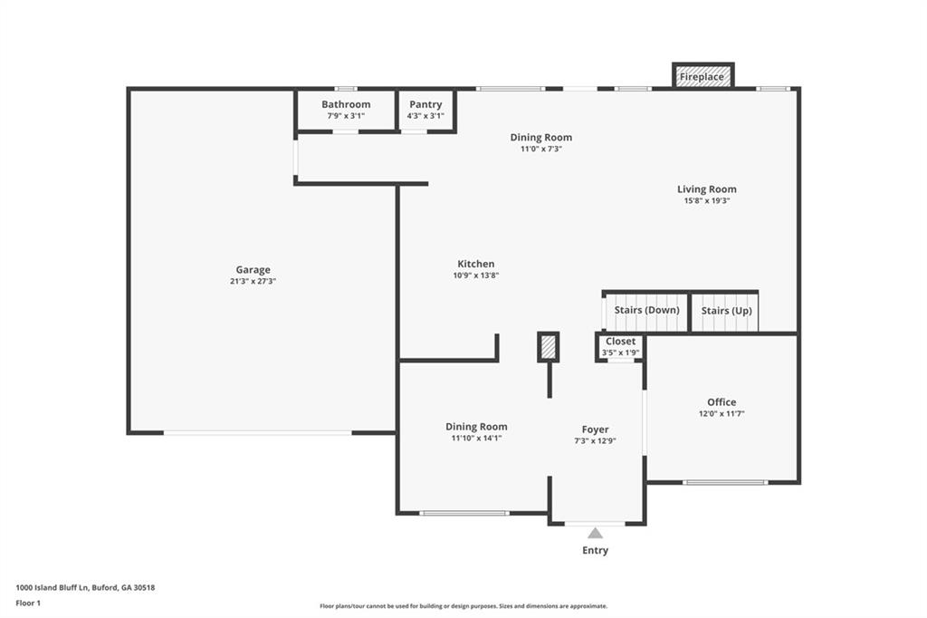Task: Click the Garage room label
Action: coord(253,270)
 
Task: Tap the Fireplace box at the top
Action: coord(702,77)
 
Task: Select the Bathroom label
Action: coord(346,105)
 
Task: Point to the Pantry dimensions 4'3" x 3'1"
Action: coord(425,116)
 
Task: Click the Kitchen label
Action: coord(475,264)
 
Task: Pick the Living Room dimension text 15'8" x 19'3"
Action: coord(706,201)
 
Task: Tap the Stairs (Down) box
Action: coord(646,311)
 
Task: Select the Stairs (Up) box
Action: coord(726,311)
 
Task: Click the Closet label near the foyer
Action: coord(620,342)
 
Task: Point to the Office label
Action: coord(722,402)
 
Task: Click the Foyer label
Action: coord(595,430)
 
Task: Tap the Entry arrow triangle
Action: coord(595,534)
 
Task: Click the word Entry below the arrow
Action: coord(595,550)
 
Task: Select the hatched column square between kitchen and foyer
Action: coord(549,347)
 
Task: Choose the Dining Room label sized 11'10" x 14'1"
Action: coord(476,427)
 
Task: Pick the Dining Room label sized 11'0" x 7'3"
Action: coord(540,138)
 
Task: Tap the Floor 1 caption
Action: coord(28,603)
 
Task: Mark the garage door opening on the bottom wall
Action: coord(257,432)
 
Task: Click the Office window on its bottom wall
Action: coord(725,482)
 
